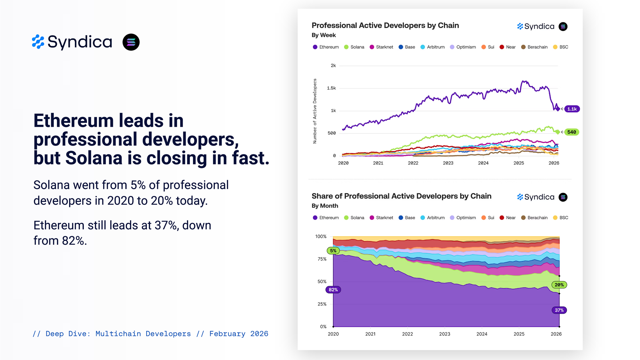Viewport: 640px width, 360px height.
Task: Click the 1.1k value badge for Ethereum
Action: (572, 109)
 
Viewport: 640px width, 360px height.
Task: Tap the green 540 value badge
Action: (572, 132)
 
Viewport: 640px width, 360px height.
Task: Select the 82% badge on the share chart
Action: (333, 290)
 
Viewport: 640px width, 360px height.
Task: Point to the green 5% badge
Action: (333, 251)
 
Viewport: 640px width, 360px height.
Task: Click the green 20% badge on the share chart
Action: (559, 285)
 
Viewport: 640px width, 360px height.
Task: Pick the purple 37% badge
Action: (559, 310)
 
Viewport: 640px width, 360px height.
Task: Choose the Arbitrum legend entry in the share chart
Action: (433, 218)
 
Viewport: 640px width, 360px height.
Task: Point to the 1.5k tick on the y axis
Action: (331, 88)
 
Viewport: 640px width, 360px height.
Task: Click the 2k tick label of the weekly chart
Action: (333, 66)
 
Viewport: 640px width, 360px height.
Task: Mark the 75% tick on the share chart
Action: (322, 259)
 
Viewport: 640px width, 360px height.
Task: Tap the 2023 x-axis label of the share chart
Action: (444, 334)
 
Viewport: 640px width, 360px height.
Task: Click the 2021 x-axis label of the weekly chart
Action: (378, 163)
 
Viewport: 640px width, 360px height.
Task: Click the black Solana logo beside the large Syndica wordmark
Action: (131, 42)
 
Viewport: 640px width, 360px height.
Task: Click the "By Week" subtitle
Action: (324, 35)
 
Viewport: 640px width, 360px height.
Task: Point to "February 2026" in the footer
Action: (239, 334)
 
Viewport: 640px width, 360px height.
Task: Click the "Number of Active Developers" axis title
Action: (315, 111)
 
